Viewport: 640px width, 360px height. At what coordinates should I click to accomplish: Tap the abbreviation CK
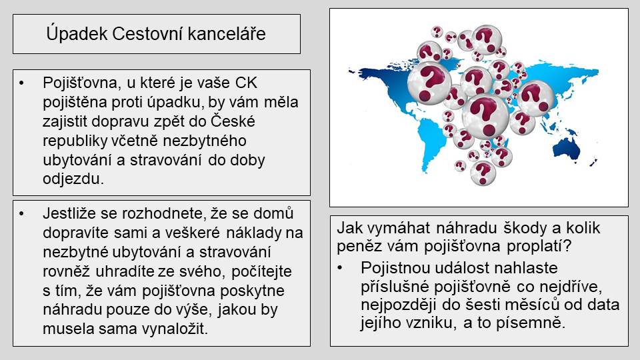(246, 83)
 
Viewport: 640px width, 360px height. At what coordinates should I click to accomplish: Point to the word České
(233, 121)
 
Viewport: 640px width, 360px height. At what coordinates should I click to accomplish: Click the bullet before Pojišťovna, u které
(22, 83)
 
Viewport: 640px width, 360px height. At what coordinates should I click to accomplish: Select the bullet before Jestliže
(22, 214)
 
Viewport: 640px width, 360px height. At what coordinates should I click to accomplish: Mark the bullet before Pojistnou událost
(339, 268)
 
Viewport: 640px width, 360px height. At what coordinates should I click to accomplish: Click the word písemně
(530, 323)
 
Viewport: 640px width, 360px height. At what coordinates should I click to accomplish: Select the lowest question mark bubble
(483, 173)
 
